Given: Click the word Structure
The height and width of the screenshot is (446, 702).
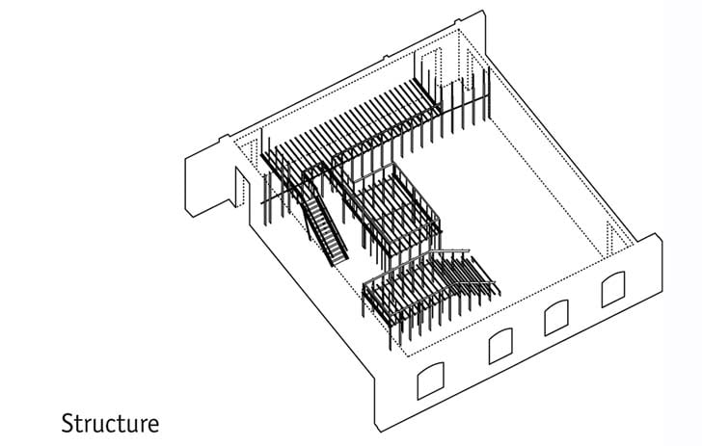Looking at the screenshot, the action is (110, 423).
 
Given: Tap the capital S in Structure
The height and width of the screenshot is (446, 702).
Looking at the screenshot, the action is (67, 423).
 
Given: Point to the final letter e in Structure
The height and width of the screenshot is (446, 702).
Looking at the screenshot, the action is (153, 426).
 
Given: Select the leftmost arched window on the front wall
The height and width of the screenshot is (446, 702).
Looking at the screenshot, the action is (431, 380).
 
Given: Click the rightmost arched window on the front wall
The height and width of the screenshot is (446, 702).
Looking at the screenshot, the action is (613, 289).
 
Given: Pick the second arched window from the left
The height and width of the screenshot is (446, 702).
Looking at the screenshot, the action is (501, 346).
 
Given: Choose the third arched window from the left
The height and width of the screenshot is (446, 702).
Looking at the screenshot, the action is (556, 318).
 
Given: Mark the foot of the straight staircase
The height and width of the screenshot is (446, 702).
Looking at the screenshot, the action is (338, 261).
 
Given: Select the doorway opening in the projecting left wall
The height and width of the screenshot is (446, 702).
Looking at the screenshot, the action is (242, 187).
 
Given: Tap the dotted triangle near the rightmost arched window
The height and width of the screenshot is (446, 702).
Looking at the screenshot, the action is (612, 238).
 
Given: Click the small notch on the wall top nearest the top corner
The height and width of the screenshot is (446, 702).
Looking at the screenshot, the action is (457, 20).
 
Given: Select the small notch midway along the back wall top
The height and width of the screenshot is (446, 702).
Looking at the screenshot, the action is (385, 57).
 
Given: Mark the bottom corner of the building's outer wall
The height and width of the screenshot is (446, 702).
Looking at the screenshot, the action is (381, 432).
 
